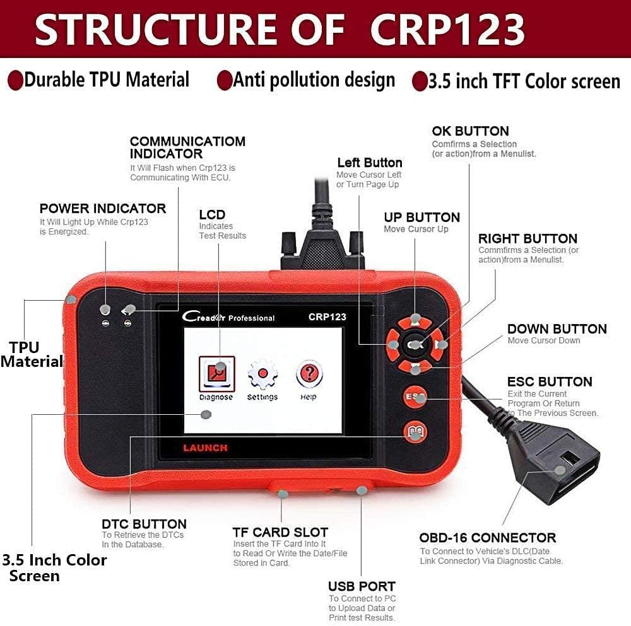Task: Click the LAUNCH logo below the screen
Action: pyautogui.click(x=205, y=448)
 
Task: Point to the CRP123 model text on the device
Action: pyautogui.click(x=327, y=317)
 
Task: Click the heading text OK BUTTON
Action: pyautogui.click(x=470, y=131)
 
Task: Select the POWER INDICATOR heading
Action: pyautogui.click(x=103, y=209)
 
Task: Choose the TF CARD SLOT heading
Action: pyautogui.click(x=280, y=532)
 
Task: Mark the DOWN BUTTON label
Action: pyautogui.click(x=557, y=328)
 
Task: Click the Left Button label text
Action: pyautogui.click(x=369, y=163)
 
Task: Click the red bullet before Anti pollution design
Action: pyautogui.click(x=224, y=81)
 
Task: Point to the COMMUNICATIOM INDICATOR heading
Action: pyautogui.click(x=187, y=147)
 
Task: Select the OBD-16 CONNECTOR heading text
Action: pyautogui.click(x=488, y=538)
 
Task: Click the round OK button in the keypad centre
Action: pyautogui.click(x=416, y=345)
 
